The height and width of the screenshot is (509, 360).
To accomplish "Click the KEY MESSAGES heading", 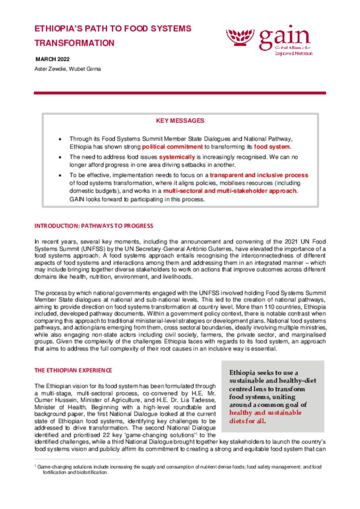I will (x=180, y=121).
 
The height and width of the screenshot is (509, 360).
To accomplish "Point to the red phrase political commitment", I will (x=172, y=147).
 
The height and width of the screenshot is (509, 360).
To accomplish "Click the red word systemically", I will (x=176, y=157).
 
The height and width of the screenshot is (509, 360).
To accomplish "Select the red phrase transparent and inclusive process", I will (x=259, y=175).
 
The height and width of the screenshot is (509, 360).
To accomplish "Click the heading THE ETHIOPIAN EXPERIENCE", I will (x=73, y=370).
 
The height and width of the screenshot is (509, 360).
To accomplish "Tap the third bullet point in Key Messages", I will (x=60, y=176).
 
